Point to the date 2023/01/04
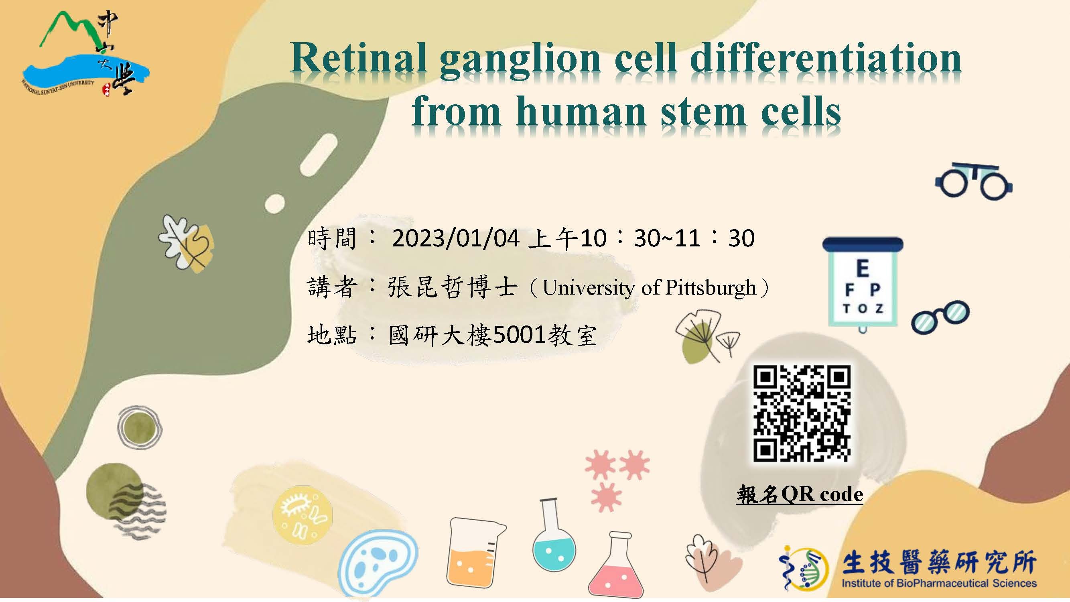(x=456, y=238)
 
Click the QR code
(x=802, y=413)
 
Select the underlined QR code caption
(x=800, y=494)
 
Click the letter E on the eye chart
(x=862, y=268)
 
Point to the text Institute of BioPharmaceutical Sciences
(x=939, y=583)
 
